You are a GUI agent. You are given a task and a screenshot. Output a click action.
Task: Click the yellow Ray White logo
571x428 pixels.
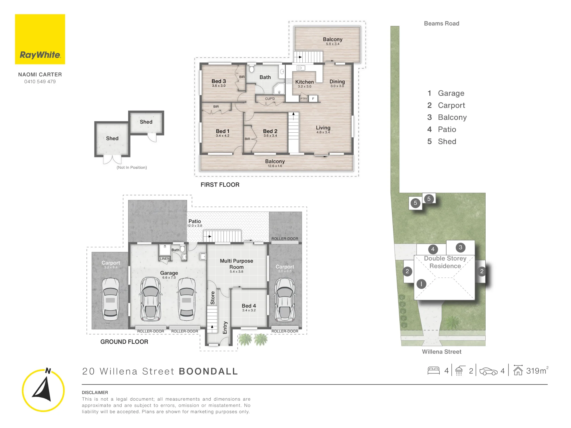40,39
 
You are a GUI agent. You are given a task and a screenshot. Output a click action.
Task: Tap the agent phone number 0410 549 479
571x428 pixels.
40,82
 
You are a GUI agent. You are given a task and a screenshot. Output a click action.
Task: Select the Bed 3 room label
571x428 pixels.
219,81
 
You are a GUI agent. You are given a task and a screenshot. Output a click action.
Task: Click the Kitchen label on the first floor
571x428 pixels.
304,82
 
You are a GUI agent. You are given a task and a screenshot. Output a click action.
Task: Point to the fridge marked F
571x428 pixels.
313,98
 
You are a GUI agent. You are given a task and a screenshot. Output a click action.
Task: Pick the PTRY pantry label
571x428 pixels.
304,99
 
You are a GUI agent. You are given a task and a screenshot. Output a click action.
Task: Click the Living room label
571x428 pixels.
323,128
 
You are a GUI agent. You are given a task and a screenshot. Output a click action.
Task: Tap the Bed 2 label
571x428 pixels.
270,131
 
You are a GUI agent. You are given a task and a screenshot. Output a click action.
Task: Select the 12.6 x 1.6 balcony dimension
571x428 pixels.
275,166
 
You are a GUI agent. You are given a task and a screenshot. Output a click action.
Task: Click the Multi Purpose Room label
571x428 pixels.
236,264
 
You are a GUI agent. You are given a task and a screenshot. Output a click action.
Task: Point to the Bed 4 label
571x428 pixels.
249,306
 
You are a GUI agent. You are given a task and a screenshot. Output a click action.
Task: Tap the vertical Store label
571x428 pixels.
213,298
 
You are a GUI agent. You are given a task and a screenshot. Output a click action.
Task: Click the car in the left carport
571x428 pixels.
110,299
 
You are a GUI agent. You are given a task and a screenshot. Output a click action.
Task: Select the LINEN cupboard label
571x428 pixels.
165,259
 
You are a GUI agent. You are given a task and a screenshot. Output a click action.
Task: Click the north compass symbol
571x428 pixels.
43,390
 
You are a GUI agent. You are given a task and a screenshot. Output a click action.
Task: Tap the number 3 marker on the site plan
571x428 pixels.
460,247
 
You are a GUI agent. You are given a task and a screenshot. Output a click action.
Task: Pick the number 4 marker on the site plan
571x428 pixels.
433,249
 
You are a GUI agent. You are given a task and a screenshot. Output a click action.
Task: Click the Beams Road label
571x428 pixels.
441,23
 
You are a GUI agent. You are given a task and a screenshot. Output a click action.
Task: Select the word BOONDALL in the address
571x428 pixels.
208,371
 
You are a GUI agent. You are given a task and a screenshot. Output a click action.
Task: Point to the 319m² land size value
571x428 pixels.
537,371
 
